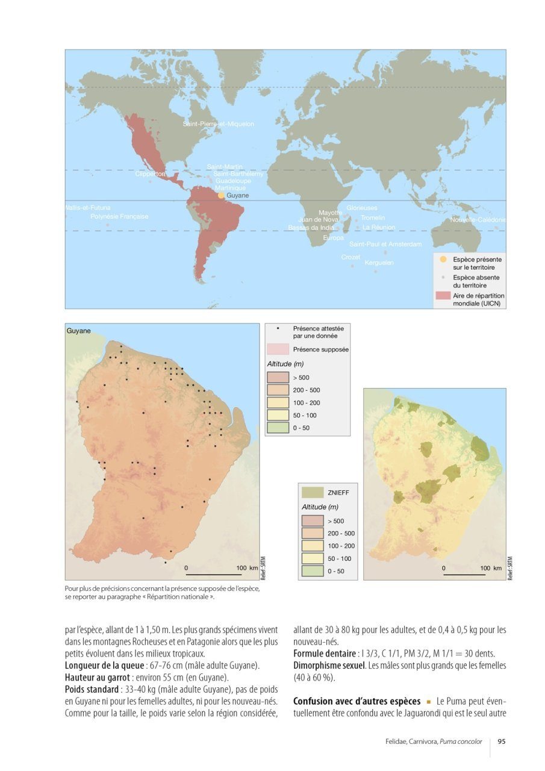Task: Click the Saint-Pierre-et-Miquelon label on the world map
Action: (x=218, y=124)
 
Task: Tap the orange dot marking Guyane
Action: (x=221, y=196)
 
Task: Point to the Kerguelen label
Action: (x=379, y=263)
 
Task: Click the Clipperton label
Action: (x=150, y=174)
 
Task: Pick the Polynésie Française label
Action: (x=119, y=216)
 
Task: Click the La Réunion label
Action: (x=379, y=228)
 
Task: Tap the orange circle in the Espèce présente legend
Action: (x=443, y=259)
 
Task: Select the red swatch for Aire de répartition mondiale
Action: (x=443, y=296)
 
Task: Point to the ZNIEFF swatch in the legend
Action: (x=313, y=492)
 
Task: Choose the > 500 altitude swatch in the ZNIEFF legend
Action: (x=313, y=520)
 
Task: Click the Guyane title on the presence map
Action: (x=78, y=331)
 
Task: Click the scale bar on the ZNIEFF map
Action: (x=464, y=574)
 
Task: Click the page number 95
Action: (x=501, y=741)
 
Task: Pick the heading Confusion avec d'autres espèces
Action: (x=356, y=701)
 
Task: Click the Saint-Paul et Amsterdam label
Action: (x=385, y=245)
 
